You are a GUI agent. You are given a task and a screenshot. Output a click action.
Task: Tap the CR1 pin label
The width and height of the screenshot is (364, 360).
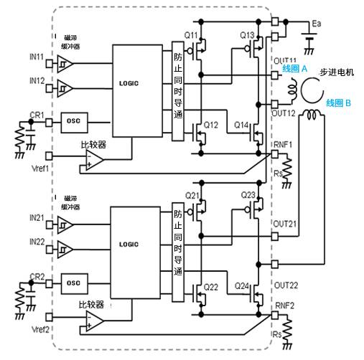(37, 115)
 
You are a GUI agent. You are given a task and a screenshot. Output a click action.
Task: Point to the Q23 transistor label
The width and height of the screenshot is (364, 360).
(248, 195)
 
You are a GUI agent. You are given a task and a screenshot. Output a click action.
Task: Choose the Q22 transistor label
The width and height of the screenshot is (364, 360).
(211, 287)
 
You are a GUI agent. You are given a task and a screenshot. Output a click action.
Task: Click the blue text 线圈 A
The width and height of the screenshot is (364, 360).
(296, 70)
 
